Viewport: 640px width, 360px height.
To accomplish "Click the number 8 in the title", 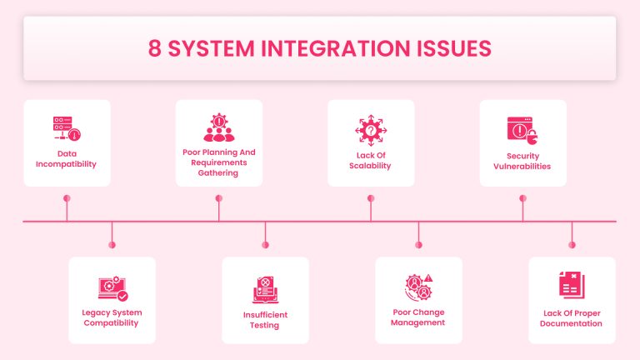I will [x=156, y=48].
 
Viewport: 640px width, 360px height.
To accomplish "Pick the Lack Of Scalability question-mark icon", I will [x=370, y=130].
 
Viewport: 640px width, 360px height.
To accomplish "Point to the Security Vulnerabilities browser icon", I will [x=522, y=130].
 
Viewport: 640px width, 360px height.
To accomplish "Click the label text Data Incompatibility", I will [x=67, y=159].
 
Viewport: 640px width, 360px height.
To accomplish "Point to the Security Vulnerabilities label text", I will [x=522, y=161].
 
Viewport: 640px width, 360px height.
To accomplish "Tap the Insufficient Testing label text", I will [x=265, y=320].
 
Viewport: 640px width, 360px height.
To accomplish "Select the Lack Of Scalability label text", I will [x=370, y=161].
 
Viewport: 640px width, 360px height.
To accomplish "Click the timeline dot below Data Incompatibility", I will [x=67, y=198].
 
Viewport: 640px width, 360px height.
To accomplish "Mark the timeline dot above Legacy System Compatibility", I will [x=112, y=245].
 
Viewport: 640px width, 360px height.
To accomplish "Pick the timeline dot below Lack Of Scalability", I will [x=370, y=198].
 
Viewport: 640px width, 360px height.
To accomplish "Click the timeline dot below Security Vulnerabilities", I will [x=522, y=198].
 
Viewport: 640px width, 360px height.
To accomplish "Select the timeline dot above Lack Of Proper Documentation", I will [x=572, y=245].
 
